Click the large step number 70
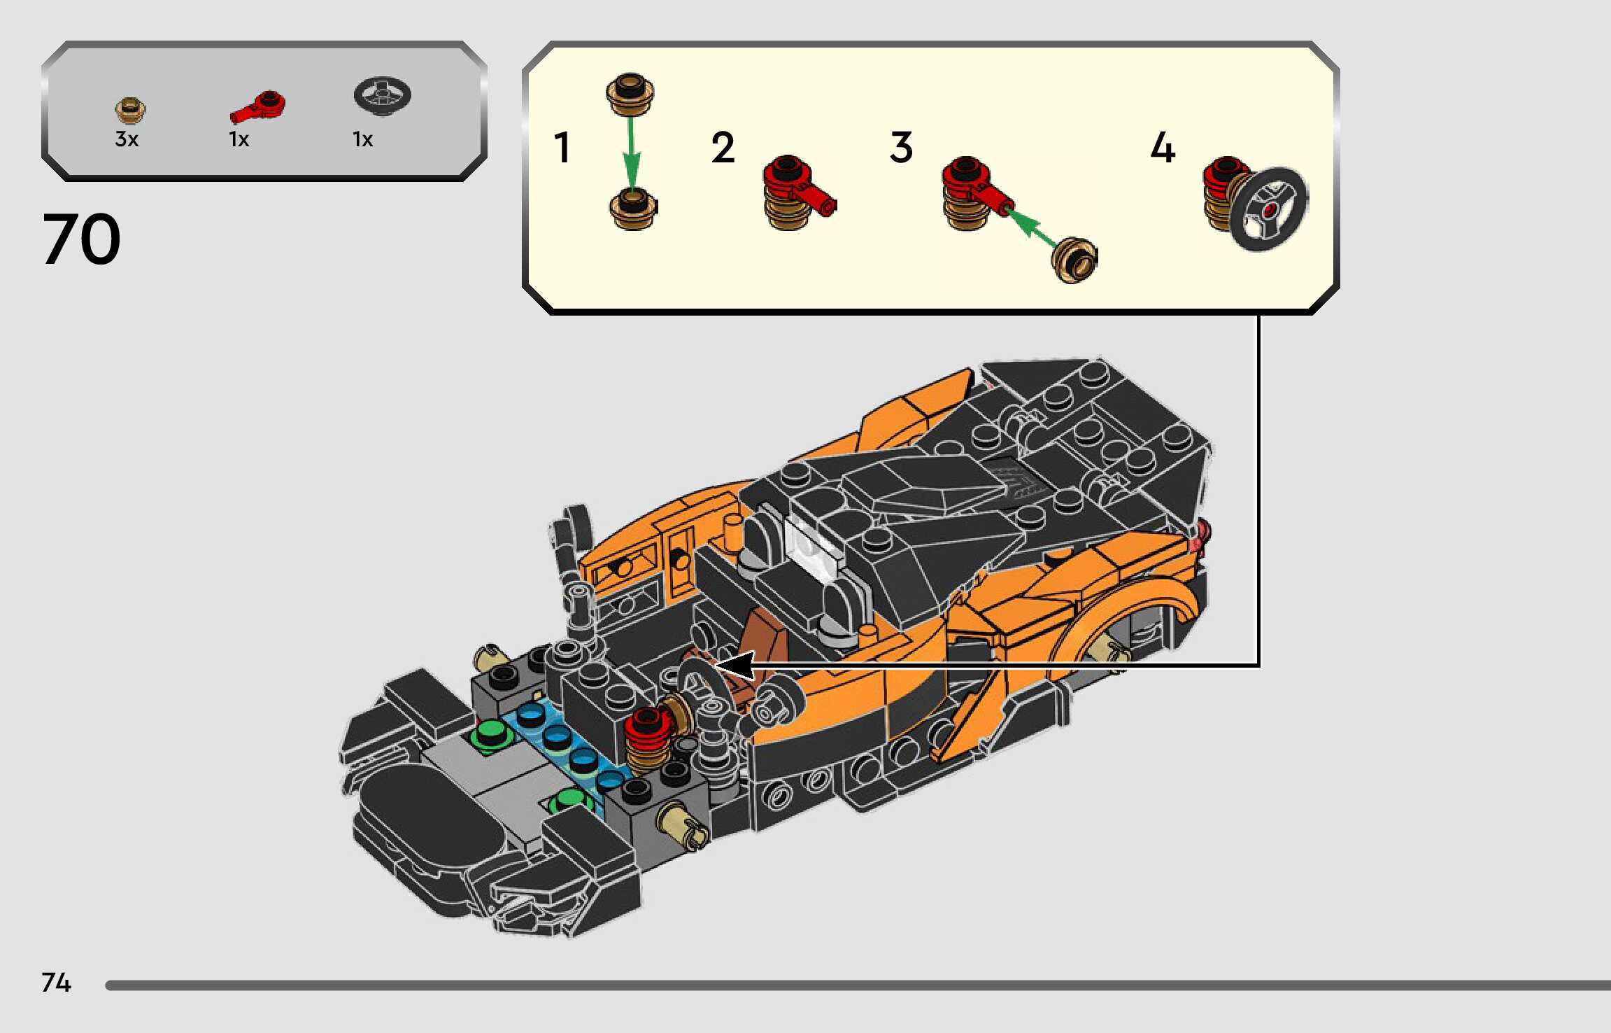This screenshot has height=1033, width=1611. [81, 239]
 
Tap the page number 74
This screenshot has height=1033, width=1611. [56, 982]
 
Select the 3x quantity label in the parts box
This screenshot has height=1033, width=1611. [127, 139]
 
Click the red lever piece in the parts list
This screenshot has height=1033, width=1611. [258, 107]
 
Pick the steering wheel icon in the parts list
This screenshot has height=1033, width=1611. [382, 95]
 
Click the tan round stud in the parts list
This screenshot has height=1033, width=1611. [130, 110]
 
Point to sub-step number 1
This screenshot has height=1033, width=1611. [562, 148]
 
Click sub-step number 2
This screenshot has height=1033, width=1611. [723, 148]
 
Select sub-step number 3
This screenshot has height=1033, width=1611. [901, 148]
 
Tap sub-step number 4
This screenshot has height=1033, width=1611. [1163, 148]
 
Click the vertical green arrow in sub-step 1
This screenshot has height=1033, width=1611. [631, 150]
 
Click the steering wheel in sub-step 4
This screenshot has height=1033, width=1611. [1269, 209]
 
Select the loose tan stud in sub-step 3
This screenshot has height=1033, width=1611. [1074, 260]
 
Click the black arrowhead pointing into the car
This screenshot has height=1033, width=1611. [734, 666]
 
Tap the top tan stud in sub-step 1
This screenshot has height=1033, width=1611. [630, 93]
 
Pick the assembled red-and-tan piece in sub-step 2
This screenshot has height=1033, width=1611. [794, 192]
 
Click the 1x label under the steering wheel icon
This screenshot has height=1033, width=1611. [362, 139]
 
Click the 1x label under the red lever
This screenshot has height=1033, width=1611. [239, 139]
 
